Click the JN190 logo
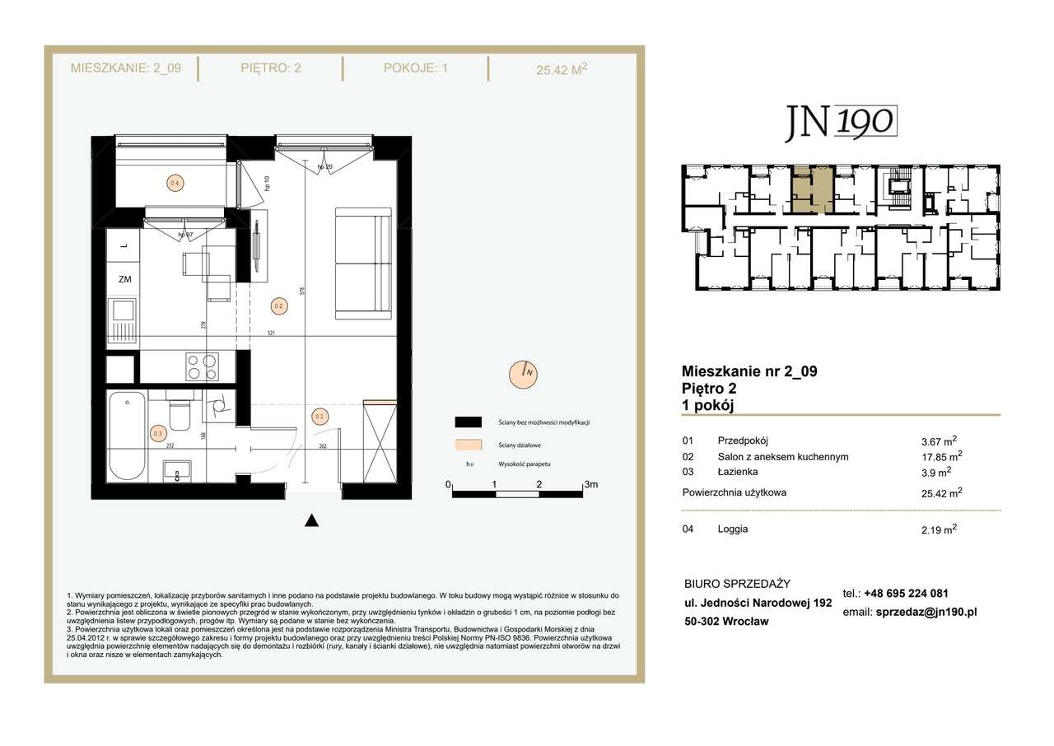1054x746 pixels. tap(839, 122)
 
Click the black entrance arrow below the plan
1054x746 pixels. tap(311, 520)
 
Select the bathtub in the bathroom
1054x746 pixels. tap(127, 436)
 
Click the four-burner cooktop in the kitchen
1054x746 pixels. tap(202, 366)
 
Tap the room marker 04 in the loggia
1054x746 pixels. tap(174, 184)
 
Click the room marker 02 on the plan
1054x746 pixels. tap(278, 306)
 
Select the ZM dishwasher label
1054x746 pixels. tap(124, 279)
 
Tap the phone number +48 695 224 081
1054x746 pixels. tap(906, 593)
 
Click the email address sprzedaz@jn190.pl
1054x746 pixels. tap(926, 613)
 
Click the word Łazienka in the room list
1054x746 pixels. tap(737, 472)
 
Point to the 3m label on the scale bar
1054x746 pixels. tap(590, 485)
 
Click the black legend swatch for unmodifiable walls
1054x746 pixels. tap(468, 422)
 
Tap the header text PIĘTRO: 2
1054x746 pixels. tap(271, 68)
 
